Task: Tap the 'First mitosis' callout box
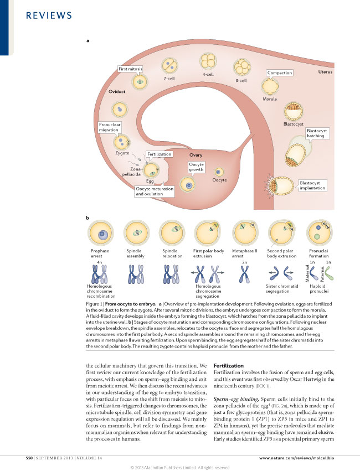[131, 69]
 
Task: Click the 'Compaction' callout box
[280, 73]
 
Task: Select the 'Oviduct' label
[118, 91]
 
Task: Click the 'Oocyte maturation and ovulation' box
[154, 191]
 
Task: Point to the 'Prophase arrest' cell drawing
[102, 232]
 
